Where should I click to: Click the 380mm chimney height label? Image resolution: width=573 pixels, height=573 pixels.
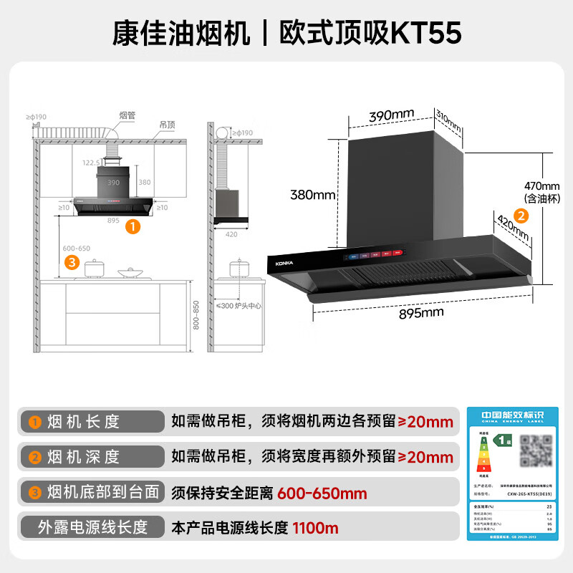pyautogui.click(x=313, y=194)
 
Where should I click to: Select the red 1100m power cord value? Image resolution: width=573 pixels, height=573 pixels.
pyautogui.click(x=315, y=529)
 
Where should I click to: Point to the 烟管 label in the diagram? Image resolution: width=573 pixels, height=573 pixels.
pyautogui.click(x=127, y=115)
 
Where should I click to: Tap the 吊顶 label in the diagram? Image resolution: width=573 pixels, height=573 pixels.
pyautogui.click(x=167, y=124)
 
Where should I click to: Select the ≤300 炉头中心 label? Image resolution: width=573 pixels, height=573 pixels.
pyautogui.click(x=240, y=306)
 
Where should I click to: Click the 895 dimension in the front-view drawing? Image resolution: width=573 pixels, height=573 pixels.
pyautogui.click(x=112, y=221)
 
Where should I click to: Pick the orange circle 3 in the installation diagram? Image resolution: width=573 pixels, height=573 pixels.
pyautogui.click(x=71, y=262)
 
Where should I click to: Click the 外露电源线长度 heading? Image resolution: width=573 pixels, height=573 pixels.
pyautogui.click(x=92, y=528)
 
